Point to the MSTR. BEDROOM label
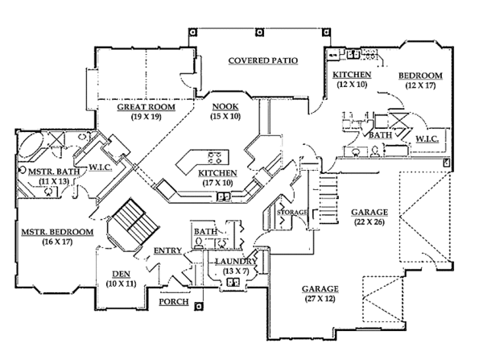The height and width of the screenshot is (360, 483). pos(59,233)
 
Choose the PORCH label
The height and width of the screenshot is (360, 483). pos(174,303)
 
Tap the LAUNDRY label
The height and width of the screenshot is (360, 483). pos(235,262)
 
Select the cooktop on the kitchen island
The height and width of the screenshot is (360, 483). pos(214,155)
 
